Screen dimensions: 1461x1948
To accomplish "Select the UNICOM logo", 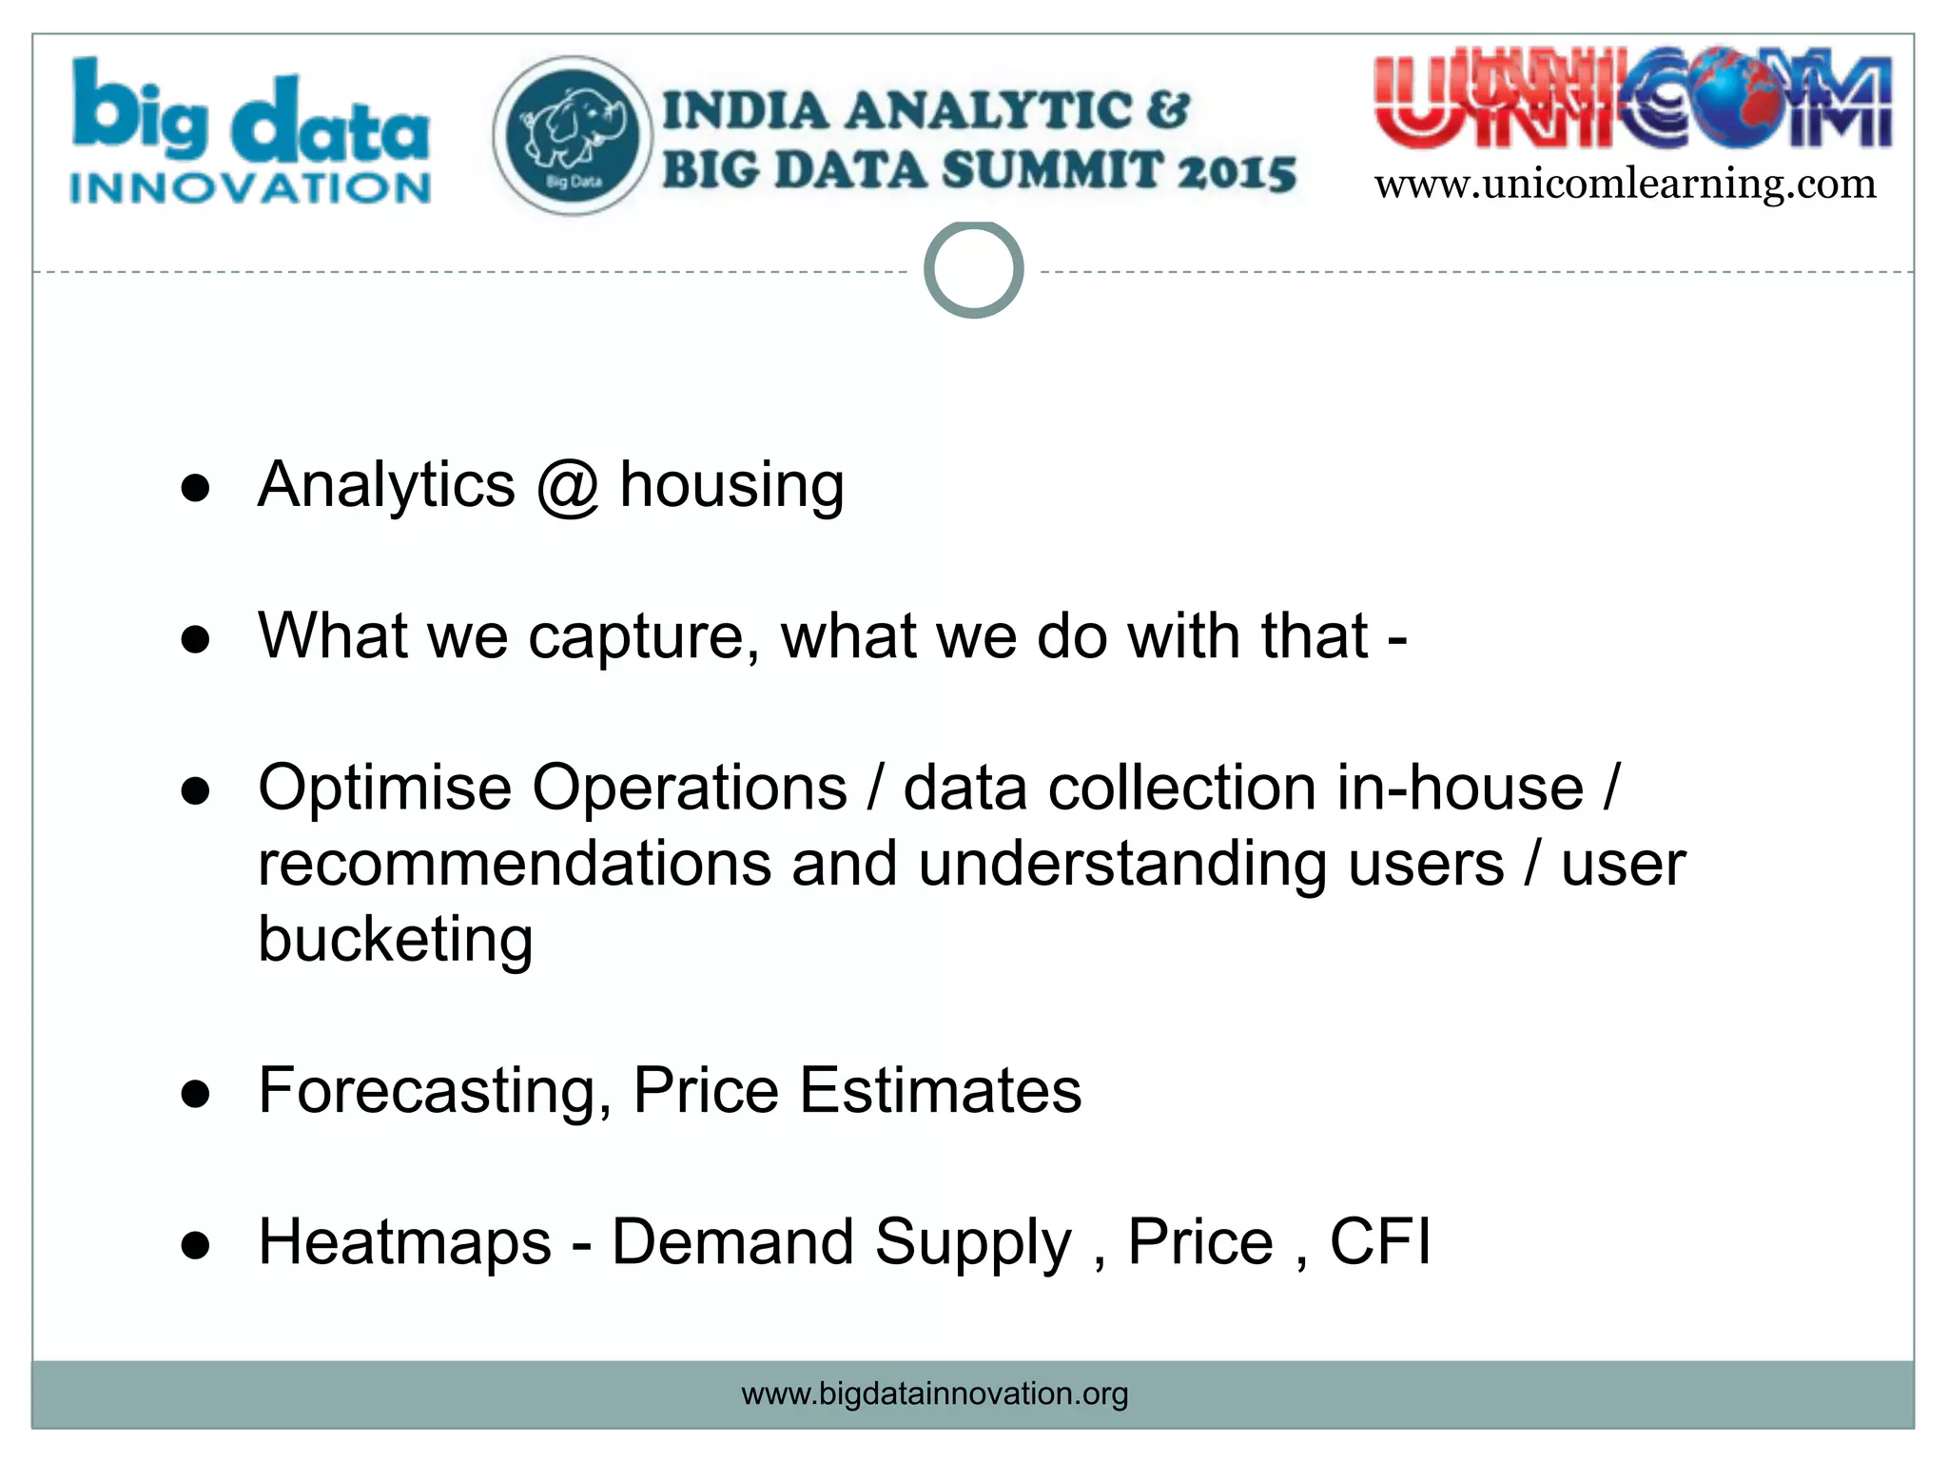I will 1632,102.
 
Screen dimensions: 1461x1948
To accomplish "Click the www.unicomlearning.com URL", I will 1625,184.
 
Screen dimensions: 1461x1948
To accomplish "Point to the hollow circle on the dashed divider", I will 973,270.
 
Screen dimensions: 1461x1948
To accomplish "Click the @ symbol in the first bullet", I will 567,486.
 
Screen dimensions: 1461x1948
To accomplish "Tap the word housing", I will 731,486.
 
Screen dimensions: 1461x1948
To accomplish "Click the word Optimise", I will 384,789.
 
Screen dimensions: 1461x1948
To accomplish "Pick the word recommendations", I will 515,864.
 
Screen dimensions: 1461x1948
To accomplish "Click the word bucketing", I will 395,940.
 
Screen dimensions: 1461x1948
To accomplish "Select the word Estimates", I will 940,1091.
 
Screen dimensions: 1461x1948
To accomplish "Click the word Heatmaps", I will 404,1242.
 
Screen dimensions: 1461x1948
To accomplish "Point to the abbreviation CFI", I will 1379,1242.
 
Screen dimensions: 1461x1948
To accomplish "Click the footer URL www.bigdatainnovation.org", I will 934,1394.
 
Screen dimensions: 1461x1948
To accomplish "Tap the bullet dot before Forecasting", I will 195,1095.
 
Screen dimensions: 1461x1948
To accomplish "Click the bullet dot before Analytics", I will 195,489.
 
